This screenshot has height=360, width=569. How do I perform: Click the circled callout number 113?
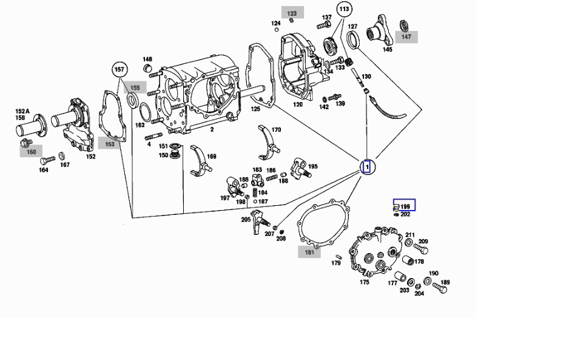pyautogui.click(x=345, y=9)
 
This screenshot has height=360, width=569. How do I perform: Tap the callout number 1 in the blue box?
pyautogui.click(x=366, y=166)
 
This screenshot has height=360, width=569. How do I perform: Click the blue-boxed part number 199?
pyautogui.click(x=405, y=206)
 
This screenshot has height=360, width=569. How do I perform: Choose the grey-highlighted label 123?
pyautogui.click(x=292, y=13)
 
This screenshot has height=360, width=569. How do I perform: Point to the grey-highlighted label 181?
pyautogui.click(x=309, y=252)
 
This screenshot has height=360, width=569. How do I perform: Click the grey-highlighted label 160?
pyautogui.click(x=31, y=152)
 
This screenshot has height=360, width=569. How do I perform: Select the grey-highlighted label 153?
pyautogui.click(x=109, y=144)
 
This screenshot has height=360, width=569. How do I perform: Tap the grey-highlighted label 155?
pyautogui.click(x=135, y=88)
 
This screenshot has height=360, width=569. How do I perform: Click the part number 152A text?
pyautogui.click(x=22, y=111)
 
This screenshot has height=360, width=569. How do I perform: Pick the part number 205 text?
pyautogui.click(x=246, y=219)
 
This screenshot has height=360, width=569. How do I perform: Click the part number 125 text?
pyautogui.click(x=255, y=109)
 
